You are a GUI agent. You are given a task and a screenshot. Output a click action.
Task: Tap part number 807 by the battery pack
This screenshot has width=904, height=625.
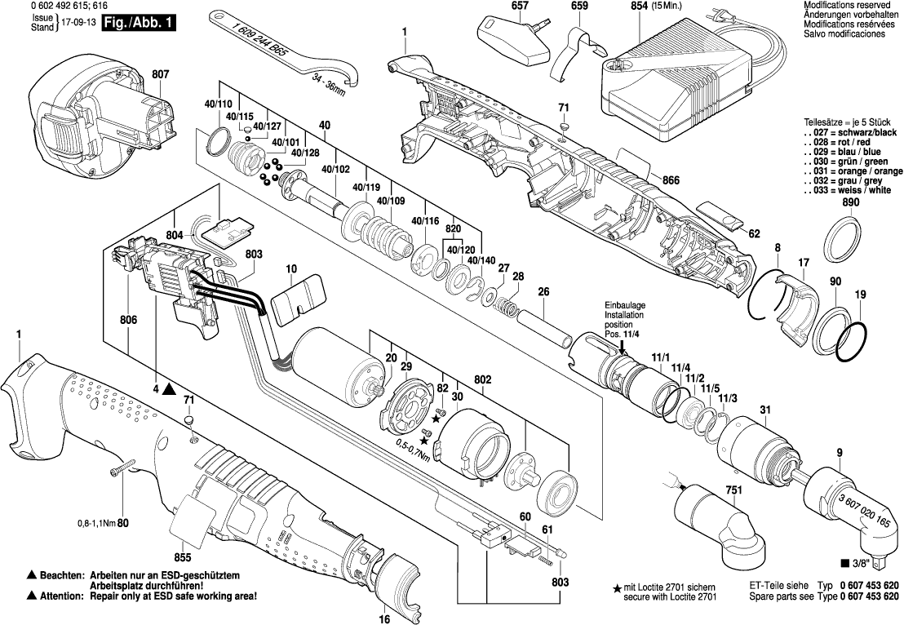click(160, 74)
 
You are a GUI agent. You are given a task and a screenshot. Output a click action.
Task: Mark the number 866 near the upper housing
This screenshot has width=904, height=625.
click(670, 180)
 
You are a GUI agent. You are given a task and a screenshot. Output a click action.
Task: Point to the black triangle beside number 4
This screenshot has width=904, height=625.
click(168, 389)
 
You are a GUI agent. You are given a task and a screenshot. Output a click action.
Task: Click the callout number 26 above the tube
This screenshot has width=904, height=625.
click(543, 292)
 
